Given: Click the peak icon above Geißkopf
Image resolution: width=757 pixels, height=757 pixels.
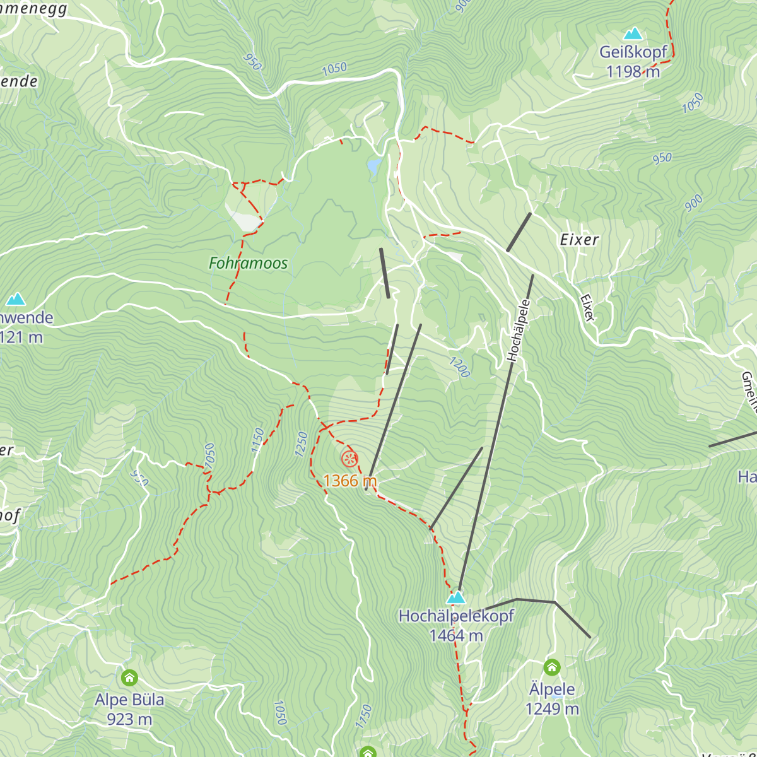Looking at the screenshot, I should [633, 33].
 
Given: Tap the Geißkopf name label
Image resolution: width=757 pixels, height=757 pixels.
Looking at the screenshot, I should [633, 52].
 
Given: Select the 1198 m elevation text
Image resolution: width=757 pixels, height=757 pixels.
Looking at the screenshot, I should [633, 72].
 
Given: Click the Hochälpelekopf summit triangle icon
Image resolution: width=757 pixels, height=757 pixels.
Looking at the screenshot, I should [455, 597].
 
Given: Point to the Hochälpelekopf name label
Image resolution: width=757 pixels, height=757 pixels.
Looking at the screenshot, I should [456, 616].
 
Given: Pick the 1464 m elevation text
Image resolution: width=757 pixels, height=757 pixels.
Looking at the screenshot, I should [456, 636].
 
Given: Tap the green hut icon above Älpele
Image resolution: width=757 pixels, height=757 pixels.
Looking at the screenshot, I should [552, 667].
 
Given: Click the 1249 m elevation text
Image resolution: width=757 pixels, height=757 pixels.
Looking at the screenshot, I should [552, 709].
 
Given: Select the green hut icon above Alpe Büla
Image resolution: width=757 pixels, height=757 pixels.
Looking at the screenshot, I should [129, 678].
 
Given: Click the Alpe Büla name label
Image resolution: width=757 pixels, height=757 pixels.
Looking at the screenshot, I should [129, 700].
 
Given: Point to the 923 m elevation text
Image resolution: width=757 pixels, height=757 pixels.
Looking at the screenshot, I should [129, 719].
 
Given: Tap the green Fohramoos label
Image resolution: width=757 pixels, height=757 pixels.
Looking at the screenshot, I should [248, 263].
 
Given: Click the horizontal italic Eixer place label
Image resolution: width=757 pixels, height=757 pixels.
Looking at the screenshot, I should [579, 240].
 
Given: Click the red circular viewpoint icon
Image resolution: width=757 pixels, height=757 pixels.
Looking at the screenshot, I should [349, 459].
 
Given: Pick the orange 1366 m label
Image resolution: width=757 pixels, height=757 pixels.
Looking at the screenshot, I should [349, 481].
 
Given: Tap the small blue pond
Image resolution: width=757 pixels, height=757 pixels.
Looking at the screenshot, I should [374, 167].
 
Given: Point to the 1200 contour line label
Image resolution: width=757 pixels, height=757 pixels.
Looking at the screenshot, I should [460, 367].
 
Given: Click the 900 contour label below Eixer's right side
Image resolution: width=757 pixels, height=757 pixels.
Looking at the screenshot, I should [693, 202].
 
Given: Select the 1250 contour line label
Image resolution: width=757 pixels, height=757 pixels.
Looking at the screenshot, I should [301, 444].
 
